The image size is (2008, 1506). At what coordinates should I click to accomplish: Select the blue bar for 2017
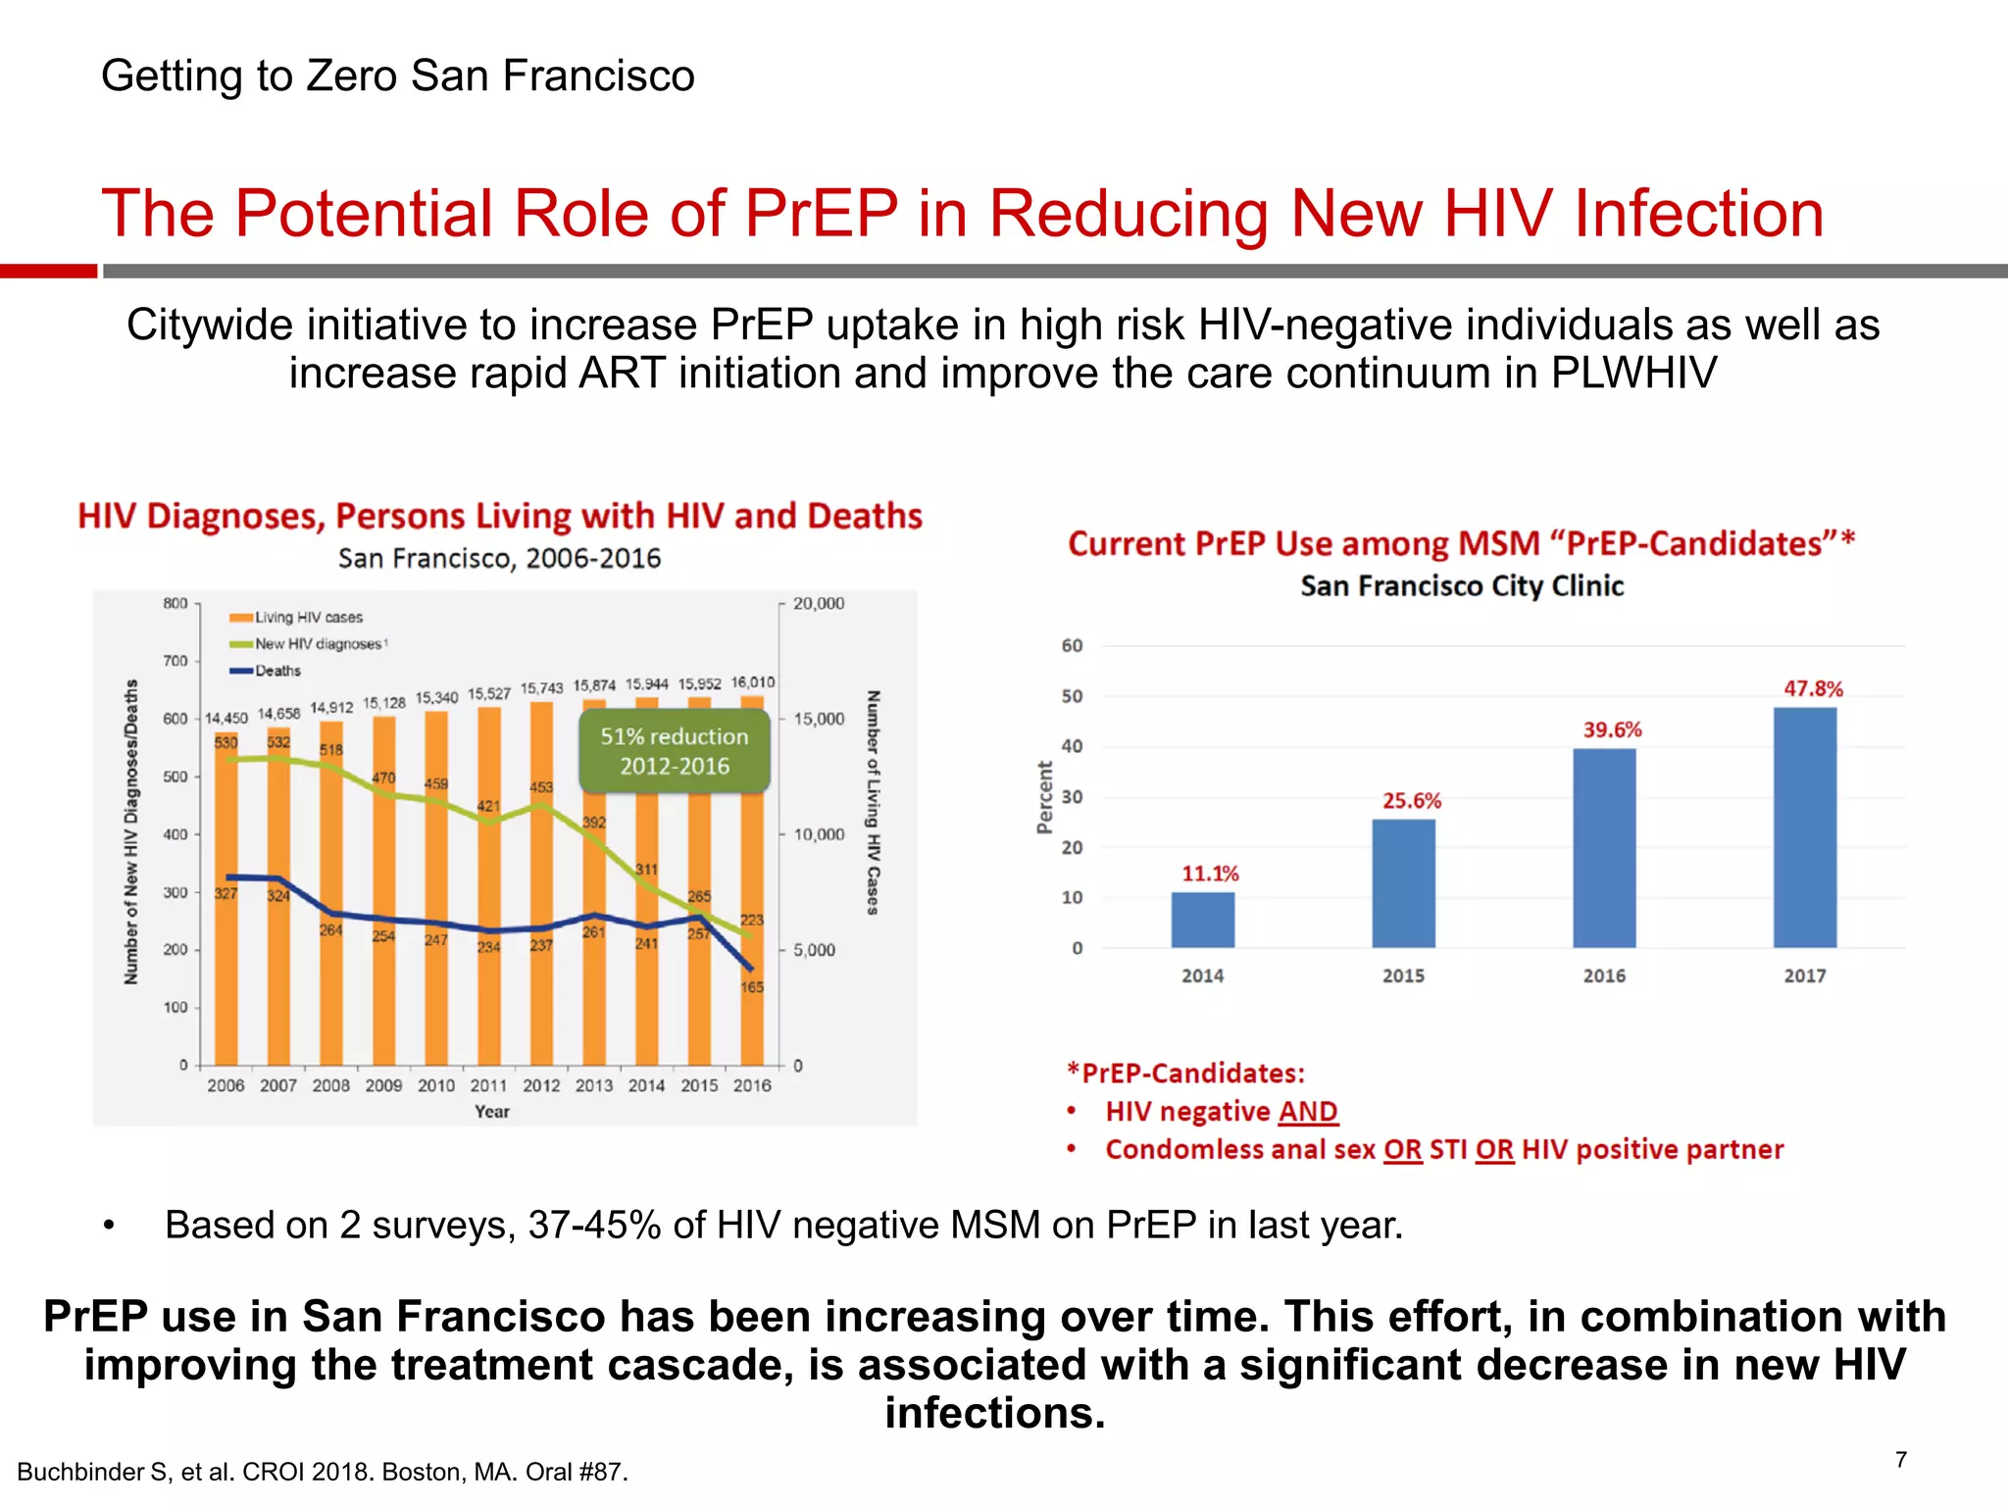coord(1804,828)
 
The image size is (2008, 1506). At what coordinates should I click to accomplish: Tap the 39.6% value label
coord(1612,729)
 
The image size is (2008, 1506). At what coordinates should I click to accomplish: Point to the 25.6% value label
coord(1412,801)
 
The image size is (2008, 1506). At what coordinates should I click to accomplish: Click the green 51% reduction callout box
coord(675,751)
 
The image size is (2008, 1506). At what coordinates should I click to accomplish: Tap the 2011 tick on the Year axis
coord(488,1086)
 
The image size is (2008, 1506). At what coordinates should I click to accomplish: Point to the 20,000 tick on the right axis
coord(819,604)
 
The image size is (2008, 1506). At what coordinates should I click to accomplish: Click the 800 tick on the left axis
coord(176,604)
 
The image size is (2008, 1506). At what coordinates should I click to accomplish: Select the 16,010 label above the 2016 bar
coord(752,682)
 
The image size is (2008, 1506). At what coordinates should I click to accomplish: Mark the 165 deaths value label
coord(752,987)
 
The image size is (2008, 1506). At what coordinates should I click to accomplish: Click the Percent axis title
coord(1044,797)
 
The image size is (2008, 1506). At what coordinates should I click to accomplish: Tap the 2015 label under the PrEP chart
coord(1403,977)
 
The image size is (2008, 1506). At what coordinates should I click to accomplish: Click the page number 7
coord(1901,1460)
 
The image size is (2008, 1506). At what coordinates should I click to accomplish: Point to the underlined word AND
coord(1308,1112)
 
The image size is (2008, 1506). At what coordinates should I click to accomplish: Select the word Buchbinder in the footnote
coord(80,1473)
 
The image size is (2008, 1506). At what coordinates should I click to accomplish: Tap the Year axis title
coord(491,1112)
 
